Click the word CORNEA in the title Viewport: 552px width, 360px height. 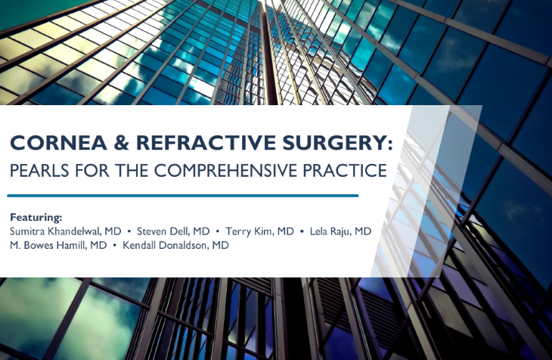coord(58,143)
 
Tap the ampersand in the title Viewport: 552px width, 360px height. coord(122,143)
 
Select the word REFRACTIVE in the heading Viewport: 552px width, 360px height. coord(206,143)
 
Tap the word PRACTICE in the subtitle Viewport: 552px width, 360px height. coord(345,170)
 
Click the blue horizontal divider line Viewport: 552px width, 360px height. coord(183,195)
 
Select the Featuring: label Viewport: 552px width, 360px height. coord(36,217)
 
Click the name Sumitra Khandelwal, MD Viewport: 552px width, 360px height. coord(66,231)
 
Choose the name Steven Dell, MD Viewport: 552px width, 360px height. coord(173,231)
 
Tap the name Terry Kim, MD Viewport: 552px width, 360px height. coord(259,231)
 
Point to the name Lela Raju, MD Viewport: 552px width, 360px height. coord(340,231)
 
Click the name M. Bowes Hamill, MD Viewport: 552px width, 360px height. coord(58,245)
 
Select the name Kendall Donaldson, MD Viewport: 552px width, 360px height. coord(175,245)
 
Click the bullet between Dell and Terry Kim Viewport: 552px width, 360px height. coord(218,231)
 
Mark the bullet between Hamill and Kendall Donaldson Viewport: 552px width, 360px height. coord(114,246)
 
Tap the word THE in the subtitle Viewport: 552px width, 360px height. coord(132,170)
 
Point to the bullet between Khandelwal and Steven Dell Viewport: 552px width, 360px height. coord(129,231)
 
